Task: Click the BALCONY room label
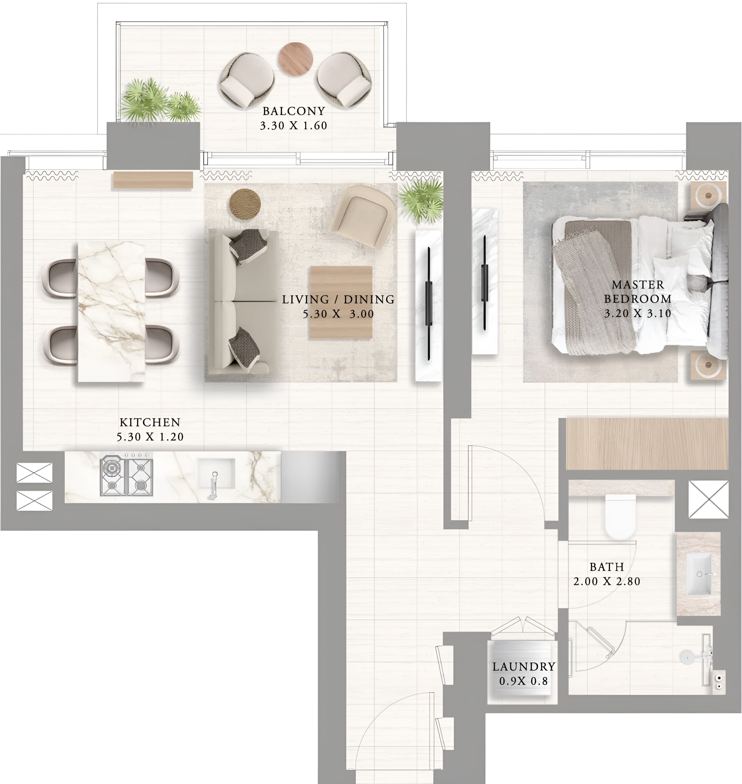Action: pos(293,111)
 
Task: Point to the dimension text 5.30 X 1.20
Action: pos(150,437)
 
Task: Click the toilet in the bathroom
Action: pos(620,516)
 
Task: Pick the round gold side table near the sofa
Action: pos(245,203)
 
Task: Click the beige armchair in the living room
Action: pos(364,217)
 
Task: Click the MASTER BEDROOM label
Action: pos(638,292)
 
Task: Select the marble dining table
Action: pos(111,311)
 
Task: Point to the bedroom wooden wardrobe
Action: pos(647,444)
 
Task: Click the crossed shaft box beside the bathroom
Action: pos(708,499)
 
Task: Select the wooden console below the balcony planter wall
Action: pos(153,180)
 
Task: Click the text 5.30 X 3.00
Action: pos(338,314)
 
